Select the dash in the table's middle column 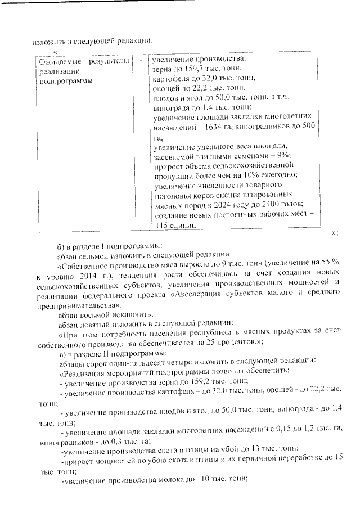[x=140, y=60]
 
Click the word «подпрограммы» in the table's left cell [x=57, y=80]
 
